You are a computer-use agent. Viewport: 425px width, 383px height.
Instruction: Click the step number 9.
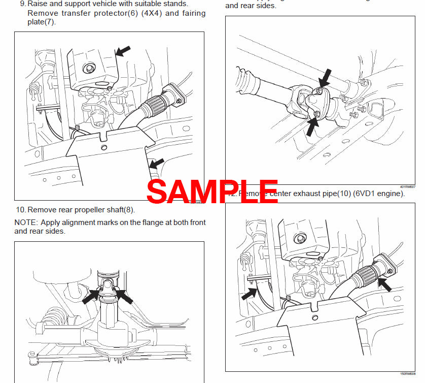point(22,4)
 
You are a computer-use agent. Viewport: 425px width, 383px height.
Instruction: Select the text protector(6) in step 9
point(86,13)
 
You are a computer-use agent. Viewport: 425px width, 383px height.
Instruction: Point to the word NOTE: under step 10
point(26,222)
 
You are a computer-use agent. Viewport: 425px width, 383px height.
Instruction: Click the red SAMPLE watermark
point(212,190)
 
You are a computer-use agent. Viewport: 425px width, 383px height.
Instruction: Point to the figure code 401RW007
point(407,187)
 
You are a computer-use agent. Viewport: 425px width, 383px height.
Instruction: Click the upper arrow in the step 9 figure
point(123,50)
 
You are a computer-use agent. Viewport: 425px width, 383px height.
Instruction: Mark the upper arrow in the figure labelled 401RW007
point(325,78)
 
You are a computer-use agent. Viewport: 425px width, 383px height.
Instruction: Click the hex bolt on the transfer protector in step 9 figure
point(90,68)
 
